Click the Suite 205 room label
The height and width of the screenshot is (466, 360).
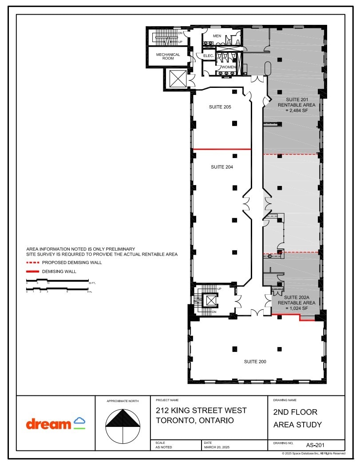[x=220, y=107]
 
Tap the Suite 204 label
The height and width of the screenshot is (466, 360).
[x=222, y=167]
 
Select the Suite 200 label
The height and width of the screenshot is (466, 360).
[x=255, y=362]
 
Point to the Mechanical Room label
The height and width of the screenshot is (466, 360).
[x=168, y=57]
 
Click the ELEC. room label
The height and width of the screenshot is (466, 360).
[x=208, y=56]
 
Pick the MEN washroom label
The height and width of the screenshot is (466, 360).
[x=217, y=36]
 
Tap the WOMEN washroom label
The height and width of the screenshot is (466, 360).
[x=229, y=67]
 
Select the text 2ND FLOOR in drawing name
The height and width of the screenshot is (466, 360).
[x=295, y=412]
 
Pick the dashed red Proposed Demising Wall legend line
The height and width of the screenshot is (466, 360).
[x=33, y=262]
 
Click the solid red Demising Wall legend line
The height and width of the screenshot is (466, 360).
[x=33, y=271]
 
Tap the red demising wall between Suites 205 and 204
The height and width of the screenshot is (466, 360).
[x=222, y=149]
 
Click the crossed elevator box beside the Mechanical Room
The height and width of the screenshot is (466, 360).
[x=178, y=79]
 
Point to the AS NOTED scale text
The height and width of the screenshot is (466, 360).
[x=164, y=447]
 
